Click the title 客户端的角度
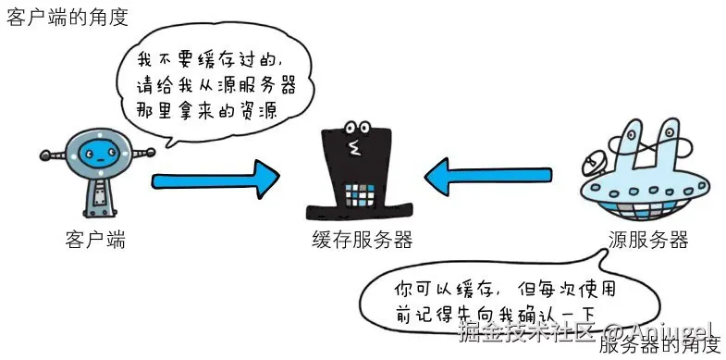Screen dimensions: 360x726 pos(68,18)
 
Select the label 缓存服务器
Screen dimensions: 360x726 pos(362,240)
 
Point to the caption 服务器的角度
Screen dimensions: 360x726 pos(658,345)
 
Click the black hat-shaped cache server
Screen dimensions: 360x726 pos(358,176)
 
